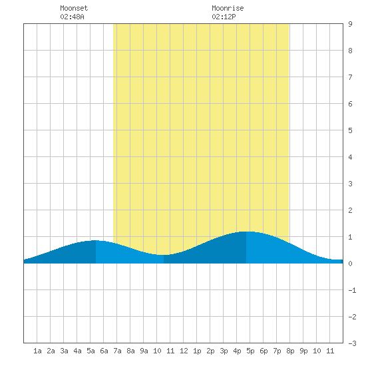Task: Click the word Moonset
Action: click(x=74, y=8)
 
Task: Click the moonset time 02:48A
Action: click(x=72, y=17)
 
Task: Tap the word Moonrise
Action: click(x=228, y=8)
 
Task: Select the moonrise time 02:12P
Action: click(x=224, y=17)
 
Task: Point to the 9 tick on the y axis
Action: click(x=350, y=24)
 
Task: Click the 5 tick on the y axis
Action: click(x=350, y=130)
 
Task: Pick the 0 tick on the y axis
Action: click(x=350, y=264)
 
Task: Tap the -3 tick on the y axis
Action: click(x=352, y=343)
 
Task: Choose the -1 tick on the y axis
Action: click(x=352, y=290)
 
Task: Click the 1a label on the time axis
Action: click(x=37, y=351)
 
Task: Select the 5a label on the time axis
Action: click(x=91, y=351)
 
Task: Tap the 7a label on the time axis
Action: click(x=117, y=351)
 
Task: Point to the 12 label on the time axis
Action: click(x=184, y=351)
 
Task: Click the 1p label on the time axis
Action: click(x=197, y=351)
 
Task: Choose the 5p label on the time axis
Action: click(x=250, y=351)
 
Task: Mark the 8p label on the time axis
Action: click(x=290, y=351)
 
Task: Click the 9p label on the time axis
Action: click(x=303, y=351)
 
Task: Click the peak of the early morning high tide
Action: click(x=95, y=240)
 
